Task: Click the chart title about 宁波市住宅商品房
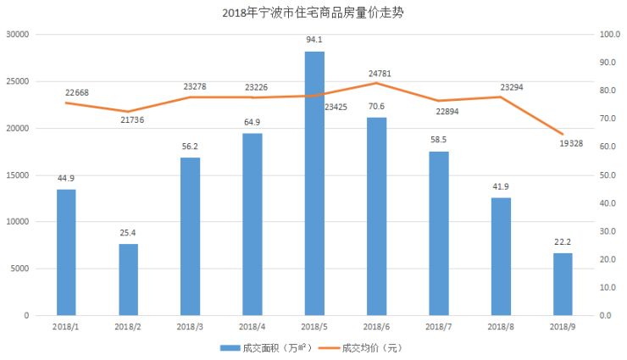313,13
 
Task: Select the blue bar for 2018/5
314,183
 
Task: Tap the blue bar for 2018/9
563,284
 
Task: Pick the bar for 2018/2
128,280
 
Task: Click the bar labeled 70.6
376,216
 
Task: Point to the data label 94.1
314,39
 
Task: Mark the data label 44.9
67,178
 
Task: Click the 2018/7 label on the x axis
438,326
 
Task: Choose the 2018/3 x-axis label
190,326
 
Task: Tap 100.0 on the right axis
610,35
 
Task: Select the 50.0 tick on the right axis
610,175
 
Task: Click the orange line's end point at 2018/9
563,134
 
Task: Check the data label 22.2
563,242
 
